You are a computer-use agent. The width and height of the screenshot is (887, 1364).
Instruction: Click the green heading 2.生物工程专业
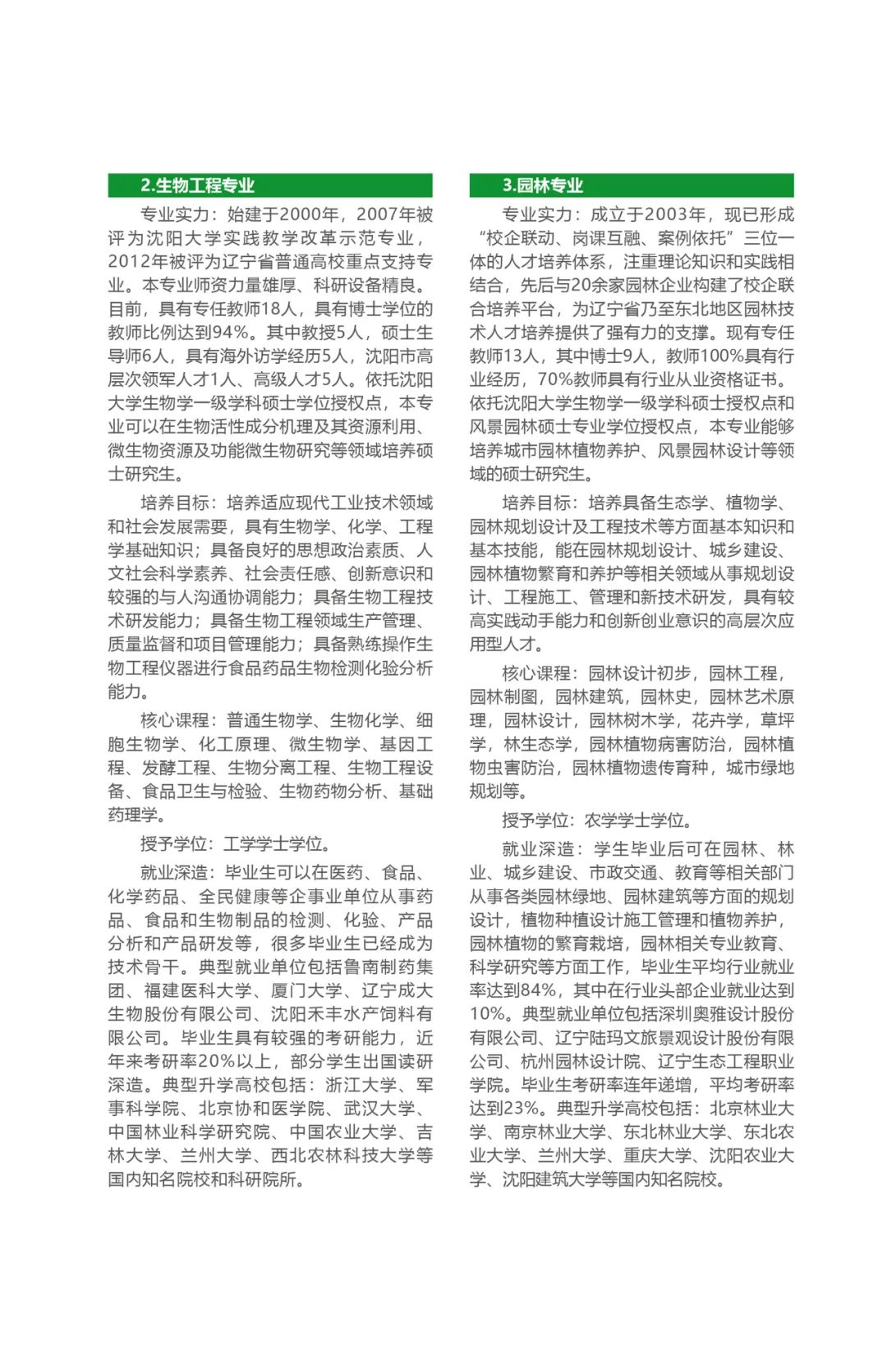tap(197, 186)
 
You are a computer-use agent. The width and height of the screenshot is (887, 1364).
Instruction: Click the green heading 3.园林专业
tap(543, 186)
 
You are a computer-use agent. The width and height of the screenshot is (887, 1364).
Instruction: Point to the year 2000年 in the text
tap(308, 215)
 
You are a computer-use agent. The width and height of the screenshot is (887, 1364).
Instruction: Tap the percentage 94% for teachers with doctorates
tap(229, 333)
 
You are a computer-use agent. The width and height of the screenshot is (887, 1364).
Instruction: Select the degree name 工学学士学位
tap(272, 844)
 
